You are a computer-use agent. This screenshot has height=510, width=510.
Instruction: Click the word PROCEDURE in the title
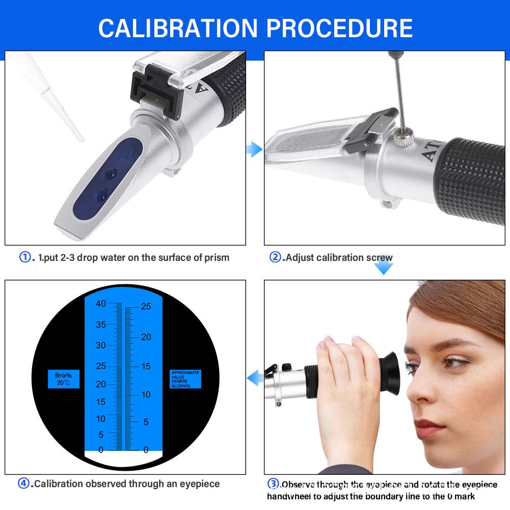339,28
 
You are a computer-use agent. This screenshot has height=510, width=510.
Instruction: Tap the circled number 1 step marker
26,257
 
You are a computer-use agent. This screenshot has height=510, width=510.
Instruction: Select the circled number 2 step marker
276,257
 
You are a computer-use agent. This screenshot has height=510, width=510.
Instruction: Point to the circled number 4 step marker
25,484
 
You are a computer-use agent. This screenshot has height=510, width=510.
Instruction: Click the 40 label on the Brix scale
100,304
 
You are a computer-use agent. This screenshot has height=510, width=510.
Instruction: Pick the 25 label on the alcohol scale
146,307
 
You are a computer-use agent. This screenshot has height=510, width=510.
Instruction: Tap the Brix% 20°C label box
64,379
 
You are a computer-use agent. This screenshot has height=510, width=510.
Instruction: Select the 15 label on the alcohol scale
146,366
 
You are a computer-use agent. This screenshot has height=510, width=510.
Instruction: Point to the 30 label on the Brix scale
100,345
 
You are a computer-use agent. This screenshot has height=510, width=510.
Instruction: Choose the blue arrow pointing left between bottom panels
254,378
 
